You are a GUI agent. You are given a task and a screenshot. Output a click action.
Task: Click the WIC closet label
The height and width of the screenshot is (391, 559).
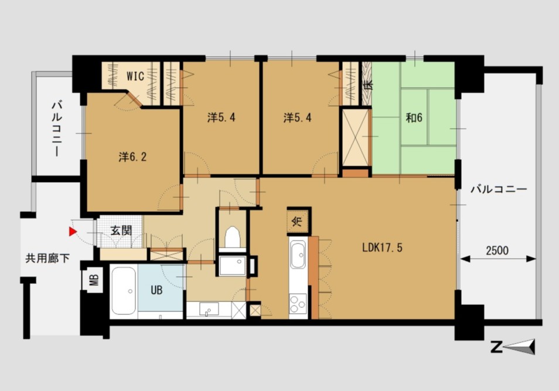click(x=135, y=76)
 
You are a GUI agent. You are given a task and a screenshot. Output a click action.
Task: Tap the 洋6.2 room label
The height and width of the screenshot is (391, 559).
click(x=132, y=157)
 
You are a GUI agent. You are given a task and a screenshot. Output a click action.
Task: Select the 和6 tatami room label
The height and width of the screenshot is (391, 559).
click(x=414, y=118)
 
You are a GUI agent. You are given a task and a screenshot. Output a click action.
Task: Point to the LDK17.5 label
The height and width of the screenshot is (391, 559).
click(x=382, y=248)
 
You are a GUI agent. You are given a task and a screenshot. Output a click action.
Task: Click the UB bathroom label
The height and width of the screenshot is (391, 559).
click(x=156, y=290)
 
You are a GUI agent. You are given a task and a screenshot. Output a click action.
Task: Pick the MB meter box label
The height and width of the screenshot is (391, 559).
click(x=93, y=280)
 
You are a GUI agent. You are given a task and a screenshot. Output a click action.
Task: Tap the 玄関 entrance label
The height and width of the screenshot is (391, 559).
click(x=121, y=231)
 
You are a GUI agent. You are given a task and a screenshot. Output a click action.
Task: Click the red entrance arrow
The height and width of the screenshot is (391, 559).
click(x=73, y=232)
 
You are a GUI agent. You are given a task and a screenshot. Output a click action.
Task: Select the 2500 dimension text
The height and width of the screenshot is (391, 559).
click(x=497, y=251)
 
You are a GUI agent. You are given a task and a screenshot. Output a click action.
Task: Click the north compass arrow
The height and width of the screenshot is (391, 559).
click(x=520, y=347)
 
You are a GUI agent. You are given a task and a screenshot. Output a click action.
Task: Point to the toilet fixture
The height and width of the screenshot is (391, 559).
click(x=233, y=237)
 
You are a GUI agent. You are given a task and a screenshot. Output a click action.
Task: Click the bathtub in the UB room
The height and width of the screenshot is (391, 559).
click(x=124, y=291)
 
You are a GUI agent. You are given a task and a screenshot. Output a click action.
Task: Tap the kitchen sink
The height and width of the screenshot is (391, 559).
click(x=298, y=255)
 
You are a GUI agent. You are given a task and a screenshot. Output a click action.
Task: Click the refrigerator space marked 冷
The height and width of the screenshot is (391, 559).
click(x=297, y=221)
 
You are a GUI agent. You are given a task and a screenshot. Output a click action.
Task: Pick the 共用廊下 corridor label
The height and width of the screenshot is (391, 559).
click(x=47, y=258)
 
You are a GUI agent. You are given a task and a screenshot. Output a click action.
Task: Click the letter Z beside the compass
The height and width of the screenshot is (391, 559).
click(x=496, y=347)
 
